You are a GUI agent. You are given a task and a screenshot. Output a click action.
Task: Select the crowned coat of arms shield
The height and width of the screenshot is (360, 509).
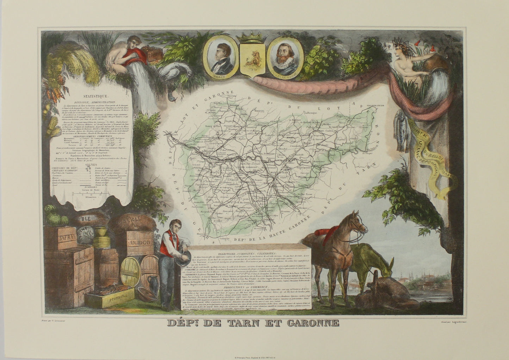[249, 56]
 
